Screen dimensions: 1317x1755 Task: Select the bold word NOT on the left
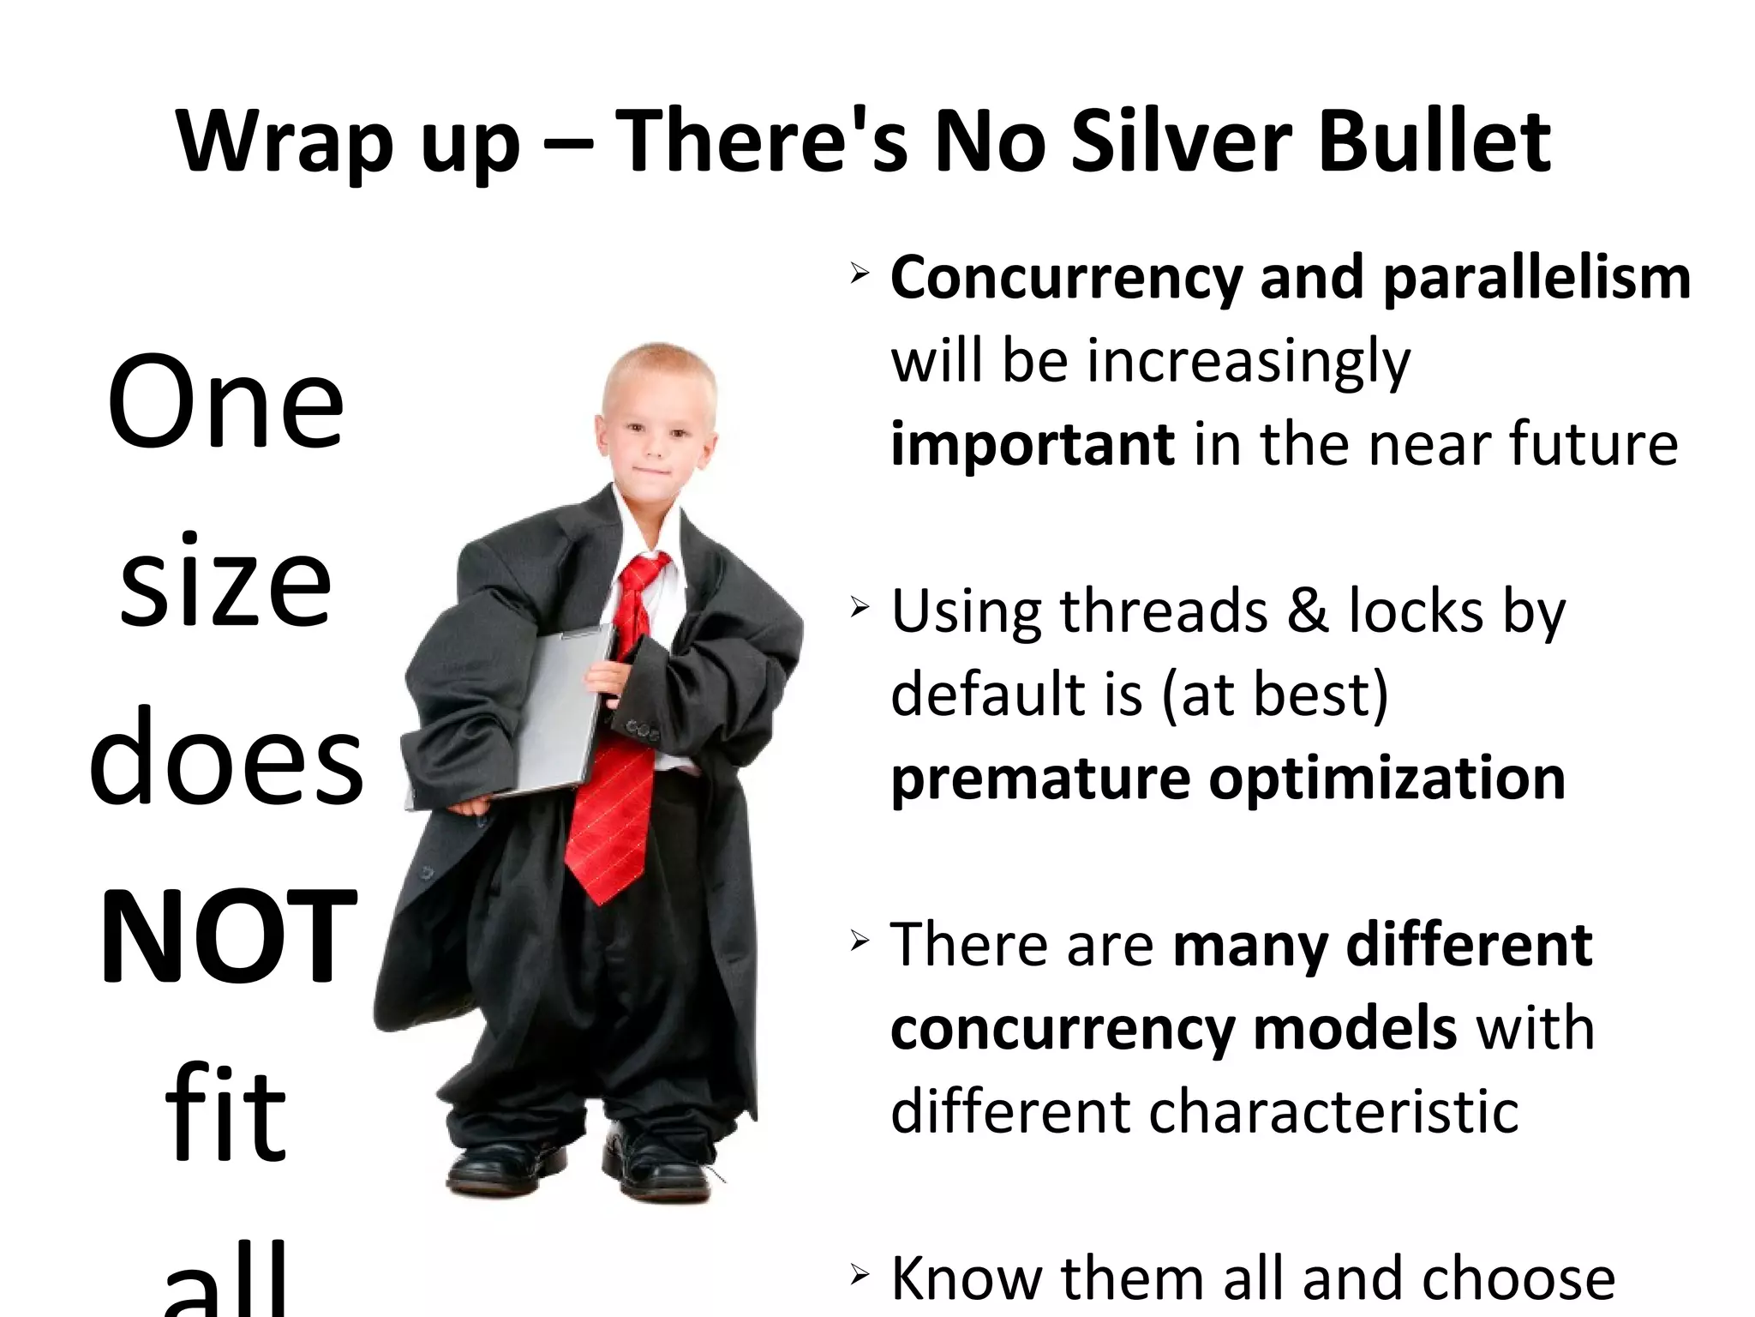(228, 936)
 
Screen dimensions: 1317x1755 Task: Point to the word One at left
(225, 403)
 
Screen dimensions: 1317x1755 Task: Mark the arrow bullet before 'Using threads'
(860, 609)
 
